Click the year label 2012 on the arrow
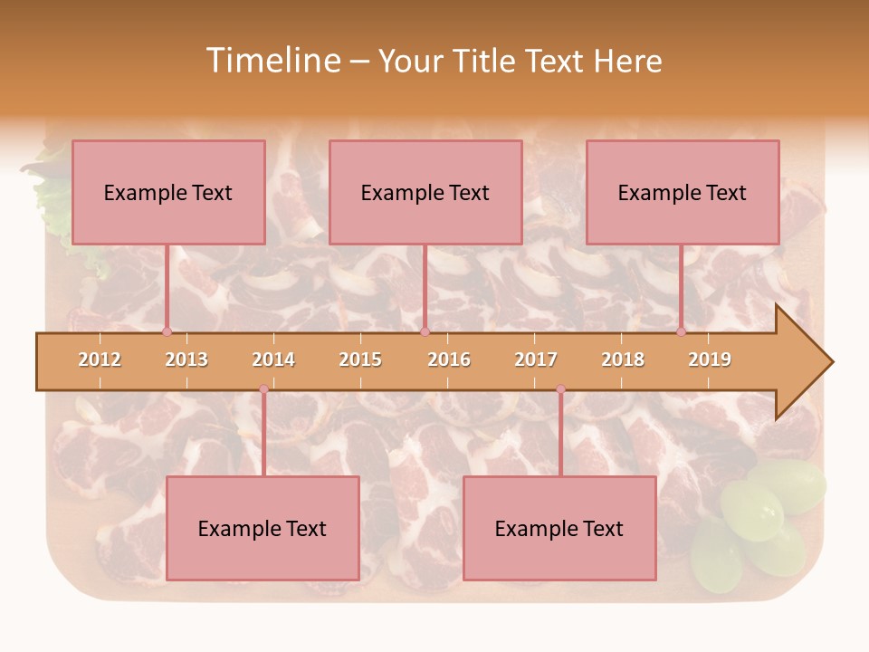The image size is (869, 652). [100, 360]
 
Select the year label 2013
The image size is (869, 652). [186, 360]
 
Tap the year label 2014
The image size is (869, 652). [273, 360]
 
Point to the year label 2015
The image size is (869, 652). [360, 360]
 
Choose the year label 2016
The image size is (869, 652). [449, 360]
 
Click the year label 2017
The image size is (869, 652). [536, 360]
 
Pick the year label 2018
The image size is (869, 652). [623, 360]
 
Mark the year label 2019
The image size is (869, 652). [710, 360]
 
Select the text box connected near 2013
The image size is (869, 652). [168, 192]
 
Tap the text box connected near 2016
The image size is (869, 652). [425, 192]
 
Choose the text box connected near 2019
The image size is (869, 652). [683, 192]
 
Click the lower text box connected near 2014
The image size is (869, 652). [263, 528]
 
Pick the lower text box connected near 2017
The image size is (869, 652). [559, 528]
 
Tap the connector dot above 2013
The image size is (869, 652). [167, 331]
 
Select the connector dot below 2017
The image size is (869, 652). [561, 389]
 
